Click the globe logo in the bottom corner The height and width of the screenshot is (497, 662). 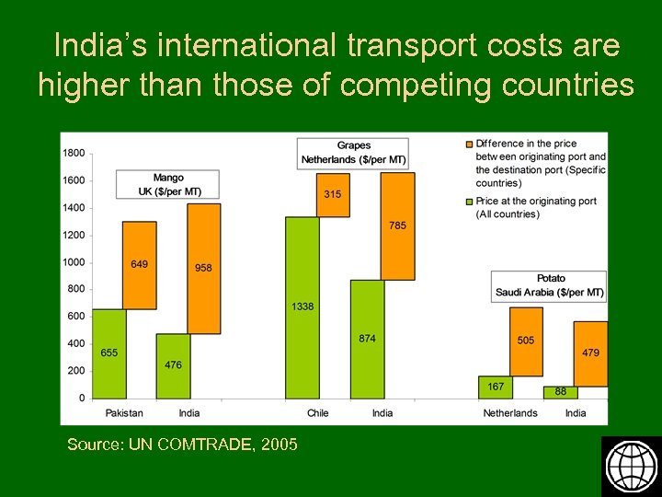tap(631, 466)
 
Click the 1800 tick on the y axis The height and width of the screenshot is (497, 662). tap(74, 153)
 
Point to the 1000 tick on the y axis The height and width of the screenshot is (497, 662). tap(74, 262)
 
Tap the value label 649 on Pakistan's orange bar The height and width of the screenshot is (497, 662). tap(139, 264)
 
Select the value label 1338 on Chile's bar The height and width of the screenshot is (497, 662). tap(302, 306)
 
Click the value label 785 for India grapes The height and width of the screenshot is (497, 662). tap(397, 225)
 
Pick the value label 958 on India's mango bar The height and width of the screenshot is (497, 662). tap(203, 268)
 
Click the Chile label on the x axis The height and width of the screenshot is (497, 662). tap(317, 413)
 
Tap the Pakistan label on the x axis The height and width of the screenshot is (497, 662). tap(124, 413)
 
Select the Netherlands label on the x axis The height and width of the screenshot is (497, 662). tap(510, 413)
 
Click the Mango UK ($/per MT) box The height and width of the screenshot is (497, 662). tap(168, 184)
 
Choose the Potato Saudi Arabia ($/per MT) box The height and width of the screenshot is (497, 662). tap(550, 285)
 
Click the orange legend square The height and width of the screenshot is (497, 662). tap(469, 144)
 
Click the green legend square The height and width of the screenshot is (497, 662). tap(469, 201)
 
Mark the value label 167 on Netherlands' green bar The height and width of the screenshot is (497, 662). tap(495, 387)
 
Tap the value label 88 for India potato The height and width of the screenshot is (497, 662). tap(560, 392)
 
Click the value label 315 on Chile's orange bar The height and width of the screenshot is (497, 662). tap(332, 194)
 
